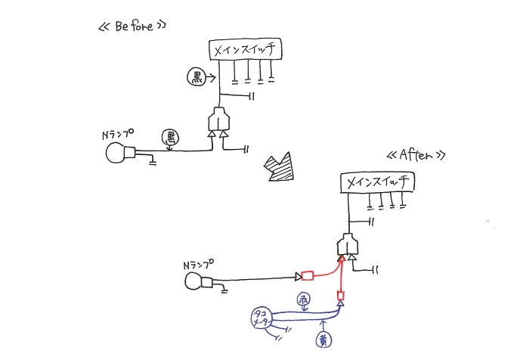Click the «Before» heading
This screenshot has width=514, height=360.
132,26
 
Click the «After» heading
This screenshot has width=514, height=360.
413,155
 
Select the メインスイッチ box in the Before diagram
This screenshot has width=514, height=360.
245,51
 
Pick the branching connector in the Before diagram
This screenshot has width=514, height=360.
218,121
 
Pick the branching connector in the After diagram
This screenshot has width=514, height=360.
347,247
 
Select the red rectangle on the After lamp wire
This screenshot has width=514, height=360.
307,275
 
